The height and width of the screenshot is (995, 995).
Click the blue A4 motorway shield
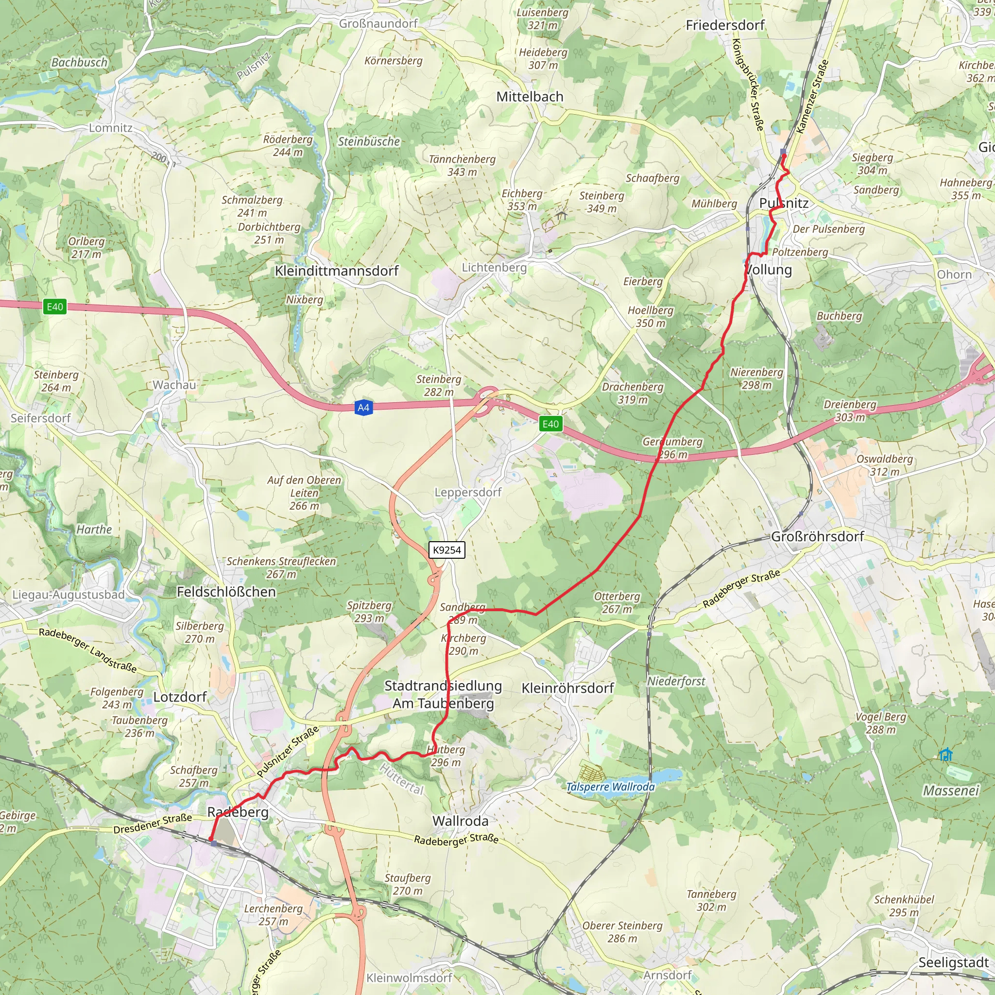363,408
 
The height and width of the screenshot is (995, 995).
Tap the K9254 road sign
446,549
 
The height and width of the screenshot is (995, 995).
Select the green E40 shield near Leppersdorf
550,424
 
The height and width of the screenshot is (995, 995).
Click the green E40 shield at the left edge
54,307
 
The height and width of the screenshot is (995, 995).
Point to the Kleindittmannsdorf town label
336,271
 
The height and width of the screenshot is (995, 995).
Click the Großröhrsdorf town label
817,536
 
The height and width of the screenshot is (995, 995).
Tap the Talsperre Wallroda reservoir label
610,787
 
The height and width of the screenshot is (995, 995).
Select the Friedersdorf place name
724,25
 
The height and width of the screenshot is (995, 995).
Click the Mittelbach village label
530,97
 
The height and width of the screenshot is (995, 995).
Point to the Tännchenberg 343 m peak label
462,165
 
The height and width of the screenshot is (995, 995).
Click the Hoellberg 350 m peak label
651,316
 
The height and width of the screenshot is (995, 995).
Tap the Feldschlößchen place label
226,592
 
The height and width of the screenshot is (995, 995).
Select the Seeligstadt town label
953,962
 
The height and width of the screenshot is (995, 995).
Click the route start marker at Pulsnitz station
783,152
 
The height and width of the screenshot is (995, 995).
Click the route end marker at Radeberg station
213,842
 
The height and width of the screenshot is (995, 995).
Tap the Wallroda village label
460,821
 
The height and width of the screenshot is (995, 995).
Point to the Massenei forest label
950,790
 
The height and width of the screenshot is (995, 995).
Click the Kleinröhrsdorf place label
567,688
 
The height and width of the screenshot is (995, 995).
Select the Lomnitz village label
111,128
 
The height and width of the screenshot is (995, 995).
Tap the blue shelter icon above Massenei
945,755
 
